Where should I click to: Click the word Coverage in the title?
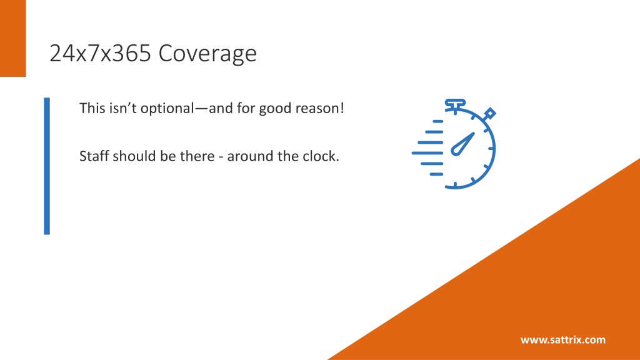tap(207, 54)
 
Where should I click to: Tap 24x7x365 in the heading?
tap(100, 53)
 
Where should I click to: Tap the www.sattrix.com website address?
tap(563, 339)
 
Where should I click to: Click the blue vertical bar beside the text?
tap(47, 166)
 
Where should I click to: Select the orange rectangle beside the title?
tap(13, 38)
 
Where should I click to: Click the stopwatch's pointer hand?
tap(463, 144)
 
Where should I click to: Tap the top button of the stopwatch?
tap(455, 104)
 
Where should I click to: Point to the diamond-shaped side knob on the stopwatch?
tap(489, 114)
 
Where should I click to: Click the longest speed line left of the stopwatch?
tap(427, 153)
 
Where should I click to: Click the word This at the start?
tap(92, 108)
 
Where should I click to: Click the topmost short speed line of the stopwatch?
tap(438, 121)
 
